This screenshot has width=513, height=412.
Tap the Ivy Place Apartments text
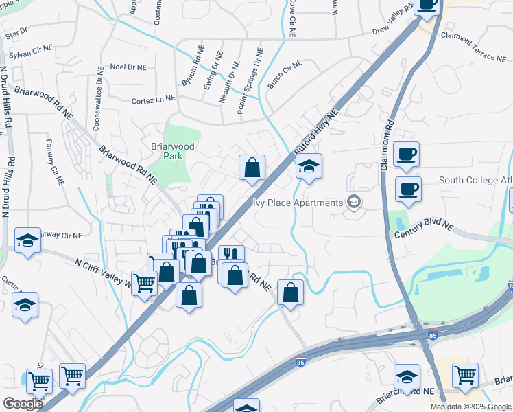pyautogui.click(x=298, y=203)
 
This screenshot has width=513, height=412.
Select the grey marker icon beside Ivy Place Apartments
pyautogui.click(x=353, y=202)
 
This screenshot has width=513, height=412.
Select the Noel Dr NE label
pyautogui.click(x=128, y=67)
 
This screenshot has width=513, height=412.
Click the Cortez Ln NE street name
pyautogui.click(x=153, y=100)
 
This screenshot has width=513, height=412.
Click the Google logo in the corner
pyautogui.click(x=22, y=404)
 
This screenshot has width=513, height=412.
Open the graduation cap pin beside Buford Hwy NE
pyautogui.click(x=309, y=167)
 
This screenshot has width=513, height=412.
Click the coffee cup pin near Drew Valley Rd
pyautogui.click(x=427, y=5)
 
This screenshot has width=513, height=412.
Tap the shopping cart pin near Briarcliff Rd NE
pyautogui.click(x=464, y=376)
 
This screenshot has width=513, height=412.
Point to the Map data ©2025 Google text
pyautogui.click(x=470, y=407)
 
